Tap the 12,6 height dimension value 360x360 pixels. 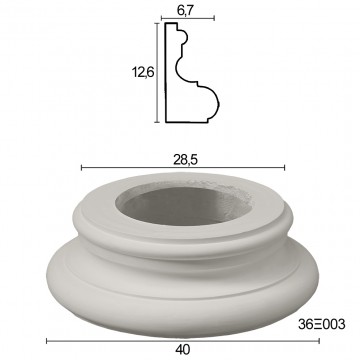coord(143,72)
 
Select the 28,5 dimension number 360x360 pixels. coord(185,160)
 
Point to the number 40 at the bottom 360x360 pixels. coord(182,350)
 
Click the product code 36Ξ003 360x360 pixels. coord(322,324)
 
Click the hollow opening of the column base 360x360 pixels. coord(184,206)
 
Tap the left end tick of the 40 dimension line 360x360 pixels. coord(47,341)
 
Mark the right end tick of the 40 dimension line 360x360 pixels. coord(319,341)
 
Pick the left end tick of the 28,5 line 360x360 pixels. coord(82,168)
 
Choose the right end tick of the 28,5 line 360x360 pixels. coord(284,168)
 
